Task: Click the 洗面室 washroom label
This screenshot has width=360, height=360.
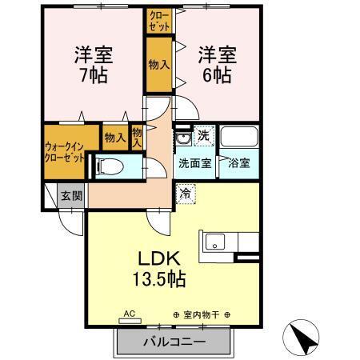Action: click(194, 163)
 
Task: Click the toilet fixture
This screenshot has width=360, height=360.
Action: click(110, 167)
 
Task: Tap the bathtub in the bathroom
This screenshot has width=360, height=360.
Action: click(238, 137)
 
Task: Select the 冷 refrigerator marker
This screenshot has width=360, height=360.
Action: click(185, 192)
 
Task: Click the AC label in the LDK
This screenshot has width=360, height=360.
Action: click(128, 314)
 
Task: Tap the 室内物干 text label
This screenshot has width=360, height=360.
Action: click(201, 314)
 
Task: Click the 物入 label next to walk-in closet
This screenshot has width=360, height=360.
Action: click(115, 137)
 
